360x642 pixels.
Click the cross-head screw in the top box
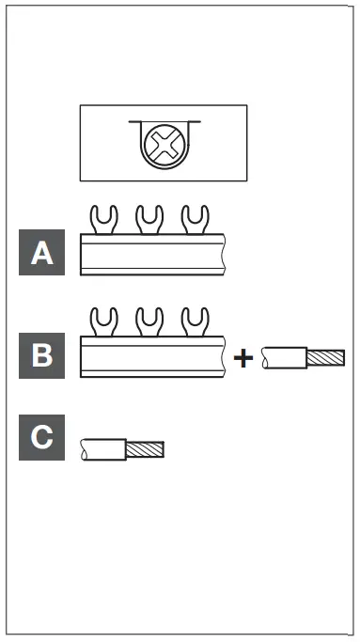point(164,146)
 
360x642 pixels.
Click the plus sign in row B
point(243,358)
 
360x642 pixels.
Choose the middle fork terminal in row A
point(149,220)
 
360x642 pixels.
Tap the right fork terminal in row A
point(195,220)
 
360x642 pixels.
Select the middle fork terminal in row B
point(149,322)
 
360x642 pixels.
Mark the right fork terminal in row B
point(195,322)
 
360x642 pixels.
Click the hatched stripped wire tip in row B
point(326,357)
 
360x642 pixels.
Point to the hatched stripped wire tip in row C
point(145,449)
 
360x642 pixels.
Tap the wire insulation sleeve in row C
point(103,449)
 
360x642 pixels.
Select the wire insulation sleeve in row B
point(284,357)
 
